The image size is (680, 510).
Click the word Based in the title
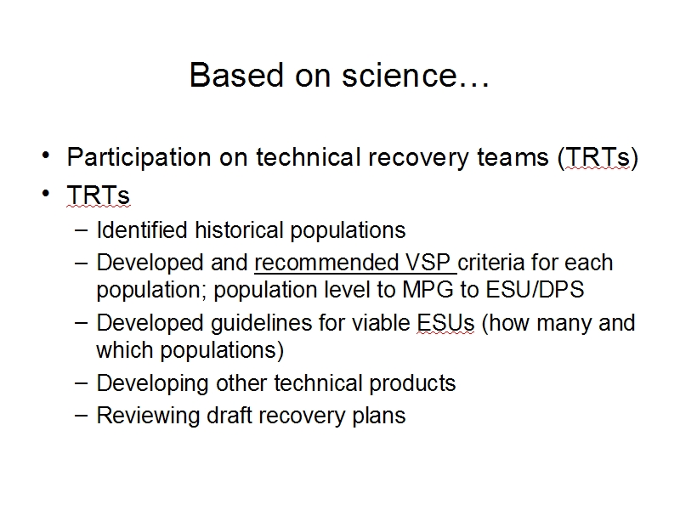(236, 75)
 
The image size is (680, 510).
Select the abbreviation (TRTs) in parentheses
(598, 157)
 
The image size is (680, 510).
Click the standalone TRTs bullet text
(98, 195)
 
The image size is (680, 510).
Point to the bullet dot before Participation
(46, 155)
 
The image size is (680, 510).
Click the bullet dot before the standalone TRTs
(46, 193)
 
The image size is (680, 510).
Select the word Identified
(142, 229)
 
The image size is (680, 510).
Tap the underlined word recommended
(326, 263)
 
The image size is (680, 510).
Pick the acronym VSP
(428, 263)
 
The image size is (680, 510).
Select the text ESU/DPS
(535, 290)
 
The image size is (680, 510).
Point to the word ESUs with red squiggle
(445, 323)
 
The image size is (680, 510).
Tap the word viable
(381, 323)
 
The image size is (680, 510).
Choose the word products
(412, 384)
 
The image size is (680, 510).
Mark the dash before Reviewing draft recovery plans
(81, 415)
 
